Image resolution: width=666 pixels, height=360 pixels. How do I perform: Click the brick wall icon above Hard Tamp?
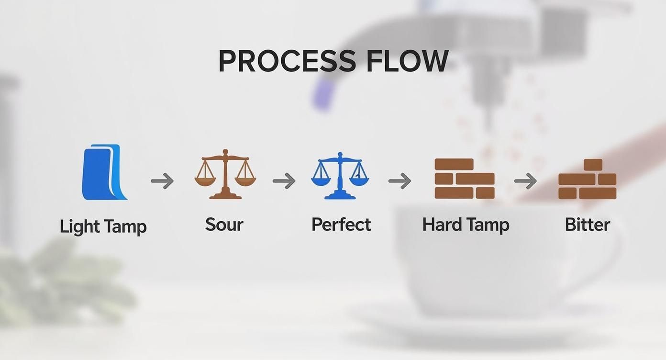point(464,179)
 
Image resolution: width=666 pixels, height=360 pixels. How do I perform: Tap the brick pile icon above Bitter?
point(587,179)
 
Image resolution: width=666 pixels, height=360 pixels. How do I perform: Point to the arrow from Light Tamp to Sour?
point(162,181)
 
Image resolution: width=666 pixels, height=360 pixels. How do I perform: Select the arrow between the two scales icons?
point(284,181)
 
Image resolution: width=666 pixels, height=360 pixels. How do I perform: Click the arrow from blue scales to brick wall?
point(400,181)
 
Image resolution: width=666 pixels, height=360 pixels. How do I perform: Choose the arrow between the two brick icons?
point(525,181)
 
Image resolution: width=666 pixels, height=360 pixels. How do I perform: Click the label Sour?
point(224,225)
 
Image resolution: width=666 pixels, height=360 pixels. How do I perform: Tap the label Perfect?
point(341,225)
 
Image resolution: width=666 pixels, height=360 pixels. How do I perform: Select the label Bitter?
point(587,225)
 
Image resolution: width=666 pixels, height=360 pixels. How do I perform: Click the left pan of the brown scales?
point(204,180)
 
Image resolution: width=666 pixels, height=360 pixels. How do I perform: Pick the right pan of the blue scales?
point(359,180)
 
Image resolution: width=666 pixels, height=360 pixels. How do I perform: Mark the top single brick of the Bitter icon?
point(593,165)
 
